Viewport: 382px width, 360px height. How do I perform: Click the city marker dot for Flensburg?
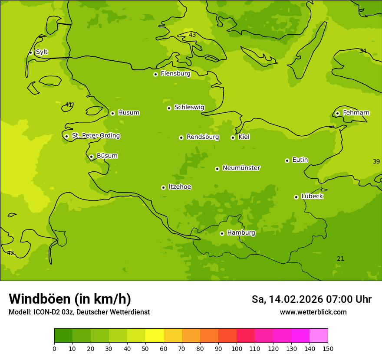click(155, 74)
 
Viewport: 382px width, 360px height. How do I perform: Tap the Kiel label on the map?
click(244, 137)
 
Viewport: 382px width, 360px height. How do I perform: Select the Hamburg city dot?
click(222, 233)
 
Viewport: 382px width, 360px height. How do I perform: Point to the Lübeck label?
click(312, 196)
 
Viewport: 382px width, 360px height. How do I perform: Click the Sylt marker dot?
click(30, 52)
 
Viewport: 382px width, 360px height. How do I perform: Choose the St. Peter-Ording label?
click(96, 136)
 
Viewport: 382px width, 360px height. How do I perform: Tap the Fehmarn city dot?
click(337, 113)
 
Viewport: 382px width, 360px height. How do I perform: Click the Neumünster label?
click(241, 168)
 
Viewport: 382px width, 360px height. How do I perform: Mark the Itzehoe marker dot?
click(163, 187)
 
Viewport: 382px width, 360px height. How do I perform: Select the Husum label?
click(128, 113)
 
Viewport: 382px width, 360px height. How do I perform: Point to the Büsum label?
click(107, 156)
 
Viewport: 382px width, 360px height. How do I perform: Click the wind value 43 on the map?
click(192, 35)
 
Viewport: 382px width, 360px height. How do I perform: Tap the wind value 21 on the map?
click(341, 259)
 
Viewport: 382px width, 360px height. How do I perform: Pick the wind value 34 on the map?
click(363, 51)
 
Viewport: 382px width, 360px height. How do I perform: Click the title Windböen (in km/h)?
click(70, 299)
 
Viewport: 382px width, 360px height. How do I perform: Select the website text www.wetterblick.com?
click(313, 312)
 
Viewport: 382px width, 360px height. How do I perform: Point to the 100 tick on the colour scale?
click(237, 348)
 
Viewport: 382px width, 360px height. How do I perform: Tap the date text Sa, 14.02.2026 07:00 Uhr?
click(311, 299)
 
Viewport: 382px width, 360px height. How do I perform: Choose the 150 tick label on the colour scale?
click(328, 348)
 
